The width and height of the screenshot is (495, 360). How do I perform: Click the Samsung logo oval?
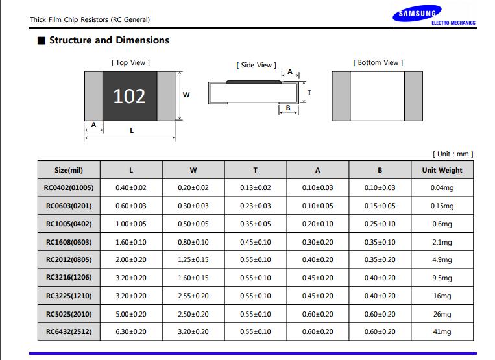[417, 14]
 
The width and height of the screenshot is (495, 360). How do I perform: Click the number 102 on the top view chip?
[130, 96]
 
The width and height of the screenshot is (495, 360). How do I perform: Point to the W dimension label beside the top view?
[186, 95]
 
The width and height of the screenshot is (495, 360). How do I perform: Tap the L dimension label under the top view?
[132, 130]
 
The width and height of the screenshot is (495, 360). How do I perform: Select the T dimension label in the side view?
[309, 92]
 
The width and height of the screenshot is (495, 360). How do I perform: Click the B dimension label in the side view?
[288, 108]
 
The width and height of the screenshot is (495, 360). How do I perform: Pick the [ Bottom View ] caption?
[378, 62]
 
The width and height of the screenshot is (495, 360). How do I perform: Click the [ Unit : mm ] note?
[453, 154]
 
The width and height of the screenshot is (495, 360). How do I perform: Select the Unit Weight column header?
[442, 170]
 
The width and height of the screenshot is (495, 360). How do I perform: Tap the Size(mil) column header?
[69, 170]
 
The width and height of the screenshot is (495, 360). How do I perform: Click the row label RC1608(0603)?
[69, 242]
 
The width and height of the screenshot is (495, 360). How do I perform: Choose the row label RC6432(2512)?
[69, 331]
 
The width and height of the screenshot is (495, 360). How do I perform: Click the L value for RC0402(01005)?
[131, 187]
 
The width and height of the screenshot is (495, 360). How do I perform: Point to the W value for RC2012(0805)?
[193, 259]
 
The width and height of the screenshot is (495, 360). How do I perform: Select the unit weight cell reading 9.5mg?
[442, 278]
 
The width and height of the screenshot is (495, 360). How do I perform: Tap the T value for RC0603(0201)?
[256, 206]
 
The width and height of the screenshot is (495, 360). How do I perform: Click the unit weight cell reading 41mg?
[442, 331]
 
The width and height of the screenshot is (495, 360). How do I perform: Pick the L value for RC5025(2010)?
[131, 314]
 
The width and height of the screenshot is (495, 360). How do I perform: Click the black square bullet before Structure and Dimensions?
[42, 41]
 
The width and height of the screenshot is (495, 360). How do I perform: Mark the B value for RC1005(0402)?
[380, 224]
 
